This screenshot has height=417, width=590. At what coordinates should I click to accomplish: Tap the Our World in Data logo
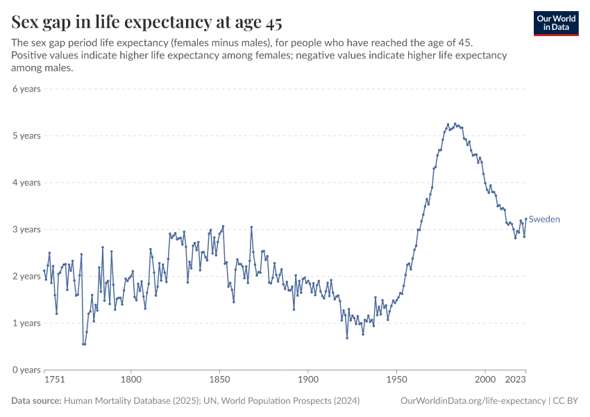[556, 23]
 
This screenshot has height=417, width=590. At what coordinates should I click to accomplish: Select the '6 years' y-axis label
[26, 89]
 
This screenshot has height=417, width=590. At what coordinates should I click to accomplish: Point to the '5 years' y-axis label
[26, 136]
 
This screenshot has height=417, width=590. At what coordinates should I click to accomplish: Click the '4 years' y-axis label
[26, 183]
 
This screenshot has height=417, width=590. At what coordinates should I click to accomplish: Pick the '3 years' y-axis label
[26, 229]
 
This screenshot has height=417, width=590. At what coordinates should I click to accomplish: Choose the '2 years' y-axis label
[26, 276]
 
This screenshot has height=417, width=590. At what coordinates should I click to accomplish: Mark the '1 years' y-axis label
[26, 323]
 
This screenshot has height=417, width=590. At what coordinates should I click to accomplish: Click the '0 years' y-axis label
[26, 370]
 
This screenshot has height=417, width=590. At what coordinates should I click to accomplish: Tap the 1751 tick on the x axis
[54, 380]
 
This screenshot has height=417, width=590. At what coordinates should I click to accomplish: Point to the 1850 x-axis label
[219, 380]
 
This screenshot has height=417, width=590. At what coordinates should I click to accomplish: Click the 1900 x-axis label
[308, 380]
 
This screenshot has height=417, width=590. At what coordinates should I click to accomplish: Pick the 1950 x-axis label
[396, 380]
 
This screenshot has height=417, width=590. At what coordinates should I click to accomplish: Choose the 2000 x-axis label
[485, 380]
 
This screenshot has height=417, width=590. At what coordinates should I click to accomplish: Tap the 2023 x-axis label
[516, 380]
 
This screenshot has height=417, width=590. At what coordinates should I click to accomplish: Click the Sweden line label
[544, 220]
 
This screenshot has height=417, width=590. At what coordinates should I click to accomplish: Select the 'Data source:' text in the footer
[36, 401]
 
